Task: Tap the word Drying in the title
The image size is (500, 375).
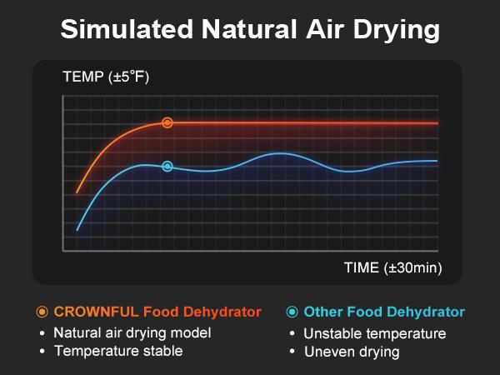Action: tap(397, 31)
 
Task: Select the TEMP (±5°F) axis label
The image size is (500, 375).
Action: tap(106, 78)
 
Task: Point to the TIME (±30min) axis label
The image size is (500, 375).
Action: tap(392, 267)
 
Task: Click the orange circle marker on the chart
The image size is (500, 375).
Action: tap(167, 122)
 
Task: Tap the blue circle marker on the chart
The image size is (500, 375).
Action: tap(167, 166)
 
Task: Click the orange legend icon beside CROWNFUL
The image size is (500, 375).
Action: tap(42, 312)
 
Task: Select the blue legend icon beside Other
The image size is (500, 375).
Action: tap(292, 312)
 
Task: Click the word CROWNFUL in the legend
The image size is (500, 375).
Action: tap(96, 312)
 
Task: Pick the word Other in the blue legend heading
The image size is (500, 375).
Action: tap(323, 312)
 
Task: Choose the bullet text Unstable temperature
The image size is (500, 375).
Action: tap(375, 333)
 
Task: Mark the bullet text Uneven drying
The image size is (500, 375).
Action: tap(352, 352)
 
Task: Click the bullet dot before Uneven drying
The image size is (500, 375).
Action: tap(292, 352)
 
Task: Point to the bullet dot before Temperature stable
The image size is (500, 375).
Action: tap(42, 351)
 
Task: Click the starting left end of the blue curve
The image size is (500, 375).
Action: tap(77, 229)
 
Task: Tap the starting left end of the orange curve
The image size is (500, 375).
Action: tap(77, 192)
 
